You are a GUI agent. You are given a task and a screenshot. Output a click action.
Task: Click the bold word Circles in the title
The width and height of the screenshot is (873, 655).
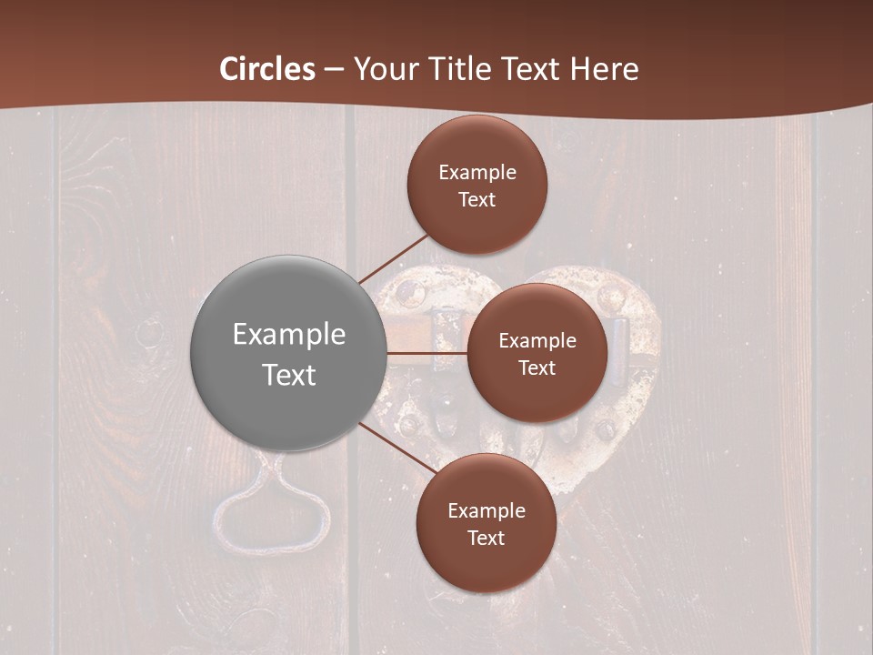[267, 69]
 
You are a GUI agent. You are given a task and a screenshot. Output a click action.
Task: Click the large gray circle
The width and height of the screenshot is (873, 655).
[288, 353]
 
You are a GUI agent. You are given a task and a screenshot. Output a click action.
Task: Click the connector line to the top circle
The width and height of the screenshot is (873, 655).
[393, 258]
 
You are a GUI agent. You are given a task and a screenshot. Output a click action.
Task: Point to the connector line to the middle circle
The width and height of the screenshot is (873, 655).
[426, 352]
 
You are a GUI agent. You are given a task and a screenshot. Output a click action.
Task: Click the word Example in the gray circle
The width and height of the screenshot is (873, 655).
[289, 334]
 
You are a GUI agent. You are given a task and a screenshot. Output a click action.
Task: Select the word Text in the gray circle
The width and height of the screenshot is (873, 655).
[289, 375]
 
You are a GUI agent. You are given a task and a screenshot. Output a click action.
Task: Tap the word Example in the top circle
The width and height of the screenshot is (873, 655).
[477, 172]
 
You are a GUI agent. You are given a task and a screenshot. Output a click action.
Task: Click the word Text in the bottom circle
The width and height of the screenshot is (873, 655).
[486, 538]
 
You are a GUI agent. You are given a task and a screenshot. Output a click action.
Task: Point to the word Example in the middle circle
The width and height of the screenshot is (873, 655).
[537, 340]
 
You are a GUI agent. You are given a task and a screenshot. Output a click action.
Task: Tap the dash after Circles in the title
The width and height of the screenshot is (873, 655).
[334, 69]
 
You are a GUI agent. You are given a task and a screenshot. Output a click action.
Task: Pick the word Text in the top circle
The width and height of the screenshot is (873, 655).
[477, 199]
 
